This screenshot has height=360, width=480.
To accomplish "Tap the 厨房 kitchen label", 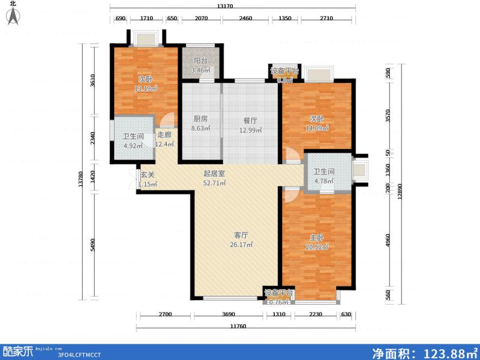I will coord(200,119).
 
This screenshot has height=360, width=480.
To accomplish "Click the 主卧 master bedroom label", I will coord(317,236).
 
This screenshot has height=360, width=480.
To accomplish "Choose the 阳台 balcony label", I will coord(202,61).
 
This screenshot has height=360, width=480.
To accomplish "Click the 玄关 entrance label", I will coord(148,175).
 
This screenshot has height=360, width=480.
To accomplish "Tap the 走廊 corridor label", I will coord(164,135).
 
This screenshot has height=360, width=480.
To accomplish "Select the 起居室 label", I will coord(214,173).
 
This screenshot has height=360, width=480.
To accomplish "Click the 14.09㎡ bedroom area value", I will coord(317,128).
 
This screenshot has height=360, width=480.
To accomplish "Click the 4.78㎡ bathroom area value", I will coord(325,181).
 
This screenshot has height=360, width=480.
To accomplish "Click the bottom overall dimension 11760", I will coord(245,326).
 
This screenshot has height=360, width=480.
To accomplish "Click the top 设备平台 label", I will coord(284,71).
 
